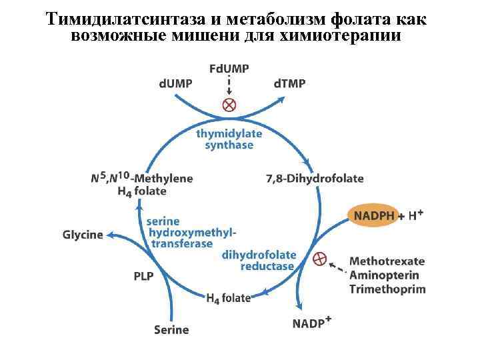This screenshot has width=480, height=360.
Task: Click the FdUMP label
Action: (x=229, y=69)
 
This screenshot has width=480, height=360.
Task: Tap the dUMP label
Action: (x=175, y=83)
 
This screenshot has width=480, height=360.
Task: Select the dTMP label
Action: (x=290, y=83)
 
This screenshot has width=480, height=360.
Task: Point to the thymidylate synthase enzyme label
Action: (x=229, y=139)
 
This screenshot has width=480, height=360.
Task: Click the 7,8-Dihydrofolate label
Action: (x=315, y=178)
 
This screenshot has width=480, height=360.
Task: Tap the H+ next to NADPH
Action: (x=417, y=215)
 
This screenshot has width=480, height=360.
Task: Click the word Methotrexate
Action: (x=387, y=261)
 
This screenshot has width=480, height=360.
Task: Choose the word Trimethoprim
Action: (x=387, y=289)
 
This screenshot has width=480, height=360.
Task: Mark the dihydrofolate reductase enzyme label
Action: (x=259, y=261)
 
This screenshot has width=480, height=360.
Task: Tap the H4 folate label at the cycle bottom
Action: (x=228, y=298)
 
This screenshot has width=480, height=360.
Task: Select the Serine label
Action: (x=171, y=329)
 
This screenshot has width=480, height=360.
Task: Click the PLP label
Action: (x=143, y=275)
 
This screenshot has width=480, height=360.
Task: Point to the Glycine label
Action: (x=83, y=235)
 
